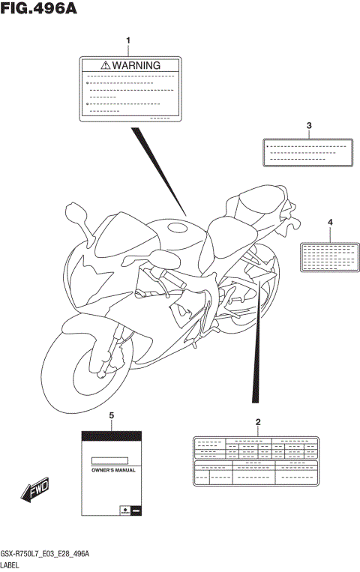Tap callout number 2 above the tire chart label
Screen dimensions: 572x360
point(258,422)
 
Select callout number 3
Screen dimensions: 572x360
point(307,125)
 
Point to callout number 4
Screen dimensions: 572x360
point(329,223)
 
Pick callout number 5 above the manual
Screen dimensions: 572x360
point(112,415)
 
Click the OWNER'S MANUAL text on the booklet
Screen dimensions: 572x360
point(112,470)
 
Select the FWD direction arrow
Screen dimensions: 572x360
point(34,491)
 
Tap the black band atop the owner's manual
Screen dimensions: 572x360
point(112,436)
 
